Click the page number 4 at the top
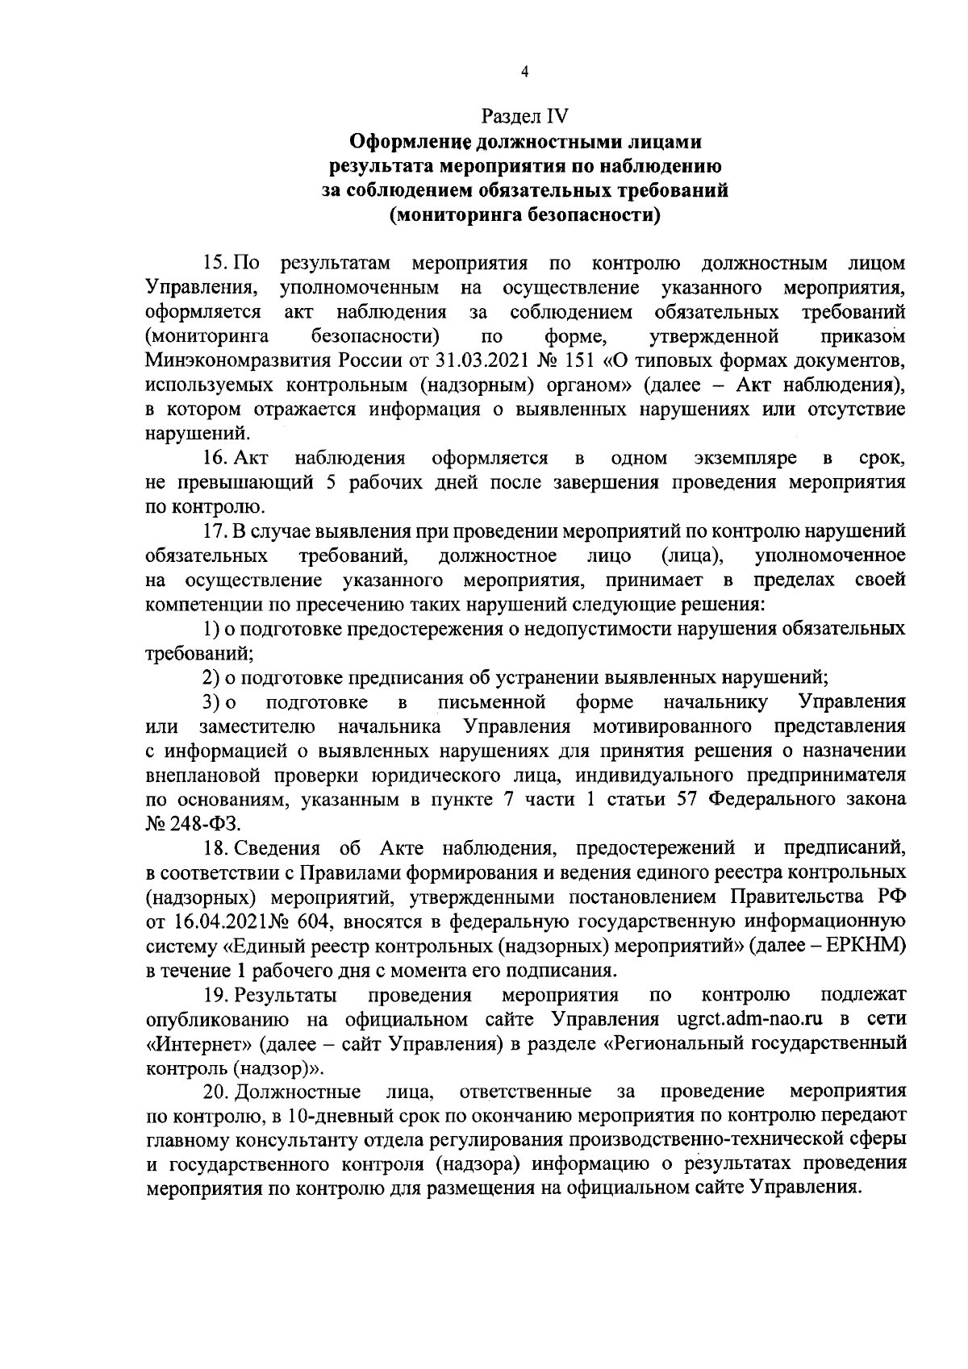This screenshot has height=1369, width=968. [525, 72]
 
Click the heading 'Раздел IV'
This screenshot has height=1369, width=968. [525, 118]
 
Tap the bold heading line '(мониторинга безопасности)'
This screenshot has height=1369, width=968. [525, 215]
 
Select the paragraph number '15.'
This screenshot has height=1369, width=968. [215, 264]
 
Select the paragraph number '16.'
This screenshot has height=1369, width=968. [215, 459]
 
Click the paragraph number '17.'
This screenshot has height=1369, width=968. [215, 531]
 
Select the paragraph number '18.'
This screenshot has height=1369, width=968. [215, 847]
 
